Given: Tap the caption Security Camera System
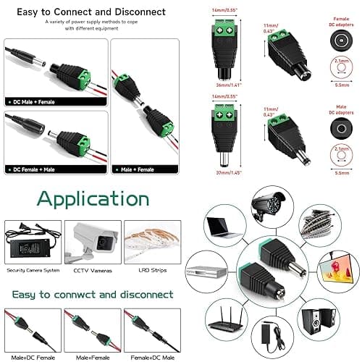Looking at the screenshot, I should click(32, 270).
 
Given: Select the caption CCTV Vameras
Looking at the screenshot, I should click(93, 270).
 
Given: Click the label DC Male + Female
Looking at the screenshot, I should click(33, 103).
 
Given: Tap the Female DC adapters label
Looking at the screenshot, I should click(340, 22).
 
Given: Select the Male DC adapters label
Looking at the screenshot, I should click(340, 111).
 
